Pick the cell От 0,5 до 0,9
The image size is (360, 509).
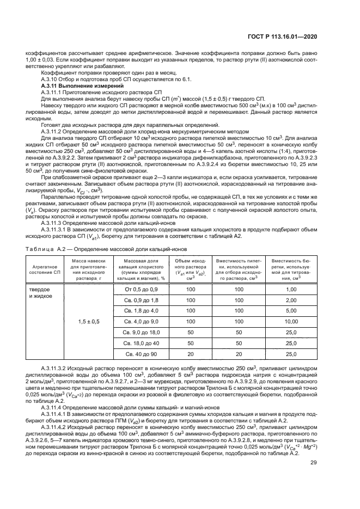[133, 289]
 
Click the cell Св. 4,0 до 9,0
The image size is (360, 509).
[133, 322]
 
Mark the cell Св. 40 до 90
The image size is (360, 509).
[133, 354]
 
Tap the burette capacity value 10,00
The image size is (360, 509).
[291, 322]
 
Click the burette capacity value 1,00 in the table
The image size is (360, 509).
[291, 289]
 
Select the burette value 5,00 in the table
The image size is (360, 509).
[291, 311]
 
